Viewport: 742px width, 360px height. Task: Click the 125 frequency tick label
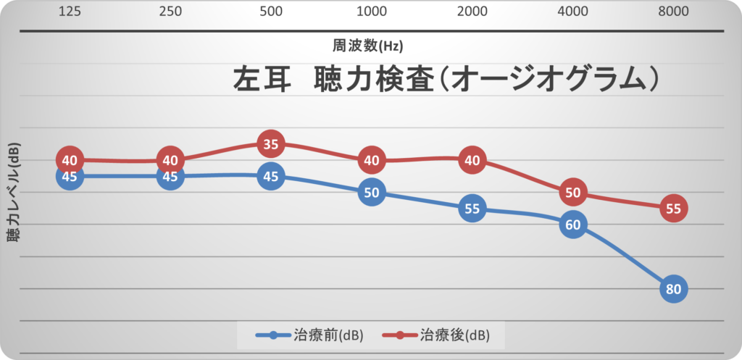coord(70,12)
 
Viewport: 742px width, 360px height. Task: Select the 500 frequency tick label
coord(270,12)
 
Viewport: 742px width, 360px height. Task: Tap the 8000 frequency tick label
coord(673,12)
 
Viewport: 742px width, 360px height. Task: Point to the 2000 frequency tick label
coord(472,12)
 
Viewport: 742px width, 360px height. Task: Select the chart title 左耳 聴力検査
coord(445,80)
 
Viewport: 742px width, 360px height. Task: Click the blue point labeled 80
coord(673,289)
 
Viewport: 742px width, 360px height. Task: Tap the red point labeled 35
coord(270,144)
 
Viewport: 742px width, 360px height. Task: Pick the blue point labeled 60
coord(572,225)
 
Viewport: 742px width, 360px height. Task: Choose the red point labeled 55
coord(673,209)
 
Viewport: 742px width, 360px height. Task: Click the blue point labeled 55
coord(472,209)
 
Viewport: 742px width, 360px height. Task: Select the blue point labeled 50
coord(371,192)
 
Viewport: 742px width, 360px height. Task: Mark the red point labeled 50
coord(572,192)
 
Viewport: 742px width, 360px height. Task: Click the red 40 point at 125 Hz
coord(70,160)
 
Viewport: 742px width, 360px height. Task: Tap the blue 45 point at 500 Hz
coord(270,176)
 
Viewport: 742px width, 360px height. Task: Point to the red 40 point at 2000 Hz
coord(472,160)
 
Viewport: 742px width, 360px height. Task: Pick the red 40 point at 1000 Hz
coord(371,160)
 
